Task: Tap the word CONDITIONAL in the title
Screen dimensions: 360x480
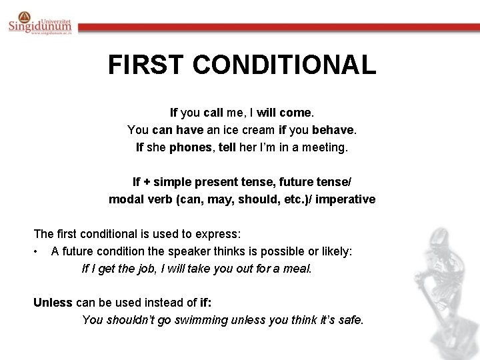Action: pos(280,65)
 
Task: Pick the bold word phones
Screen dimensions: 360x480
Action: pos(189,147)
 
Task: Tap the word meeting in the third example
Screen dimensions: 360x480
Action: pos(325,147)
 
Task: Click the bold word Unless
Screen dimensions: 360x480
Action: pos(53,302)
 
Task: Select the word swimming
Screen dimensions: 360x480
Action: pos(203,319)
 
